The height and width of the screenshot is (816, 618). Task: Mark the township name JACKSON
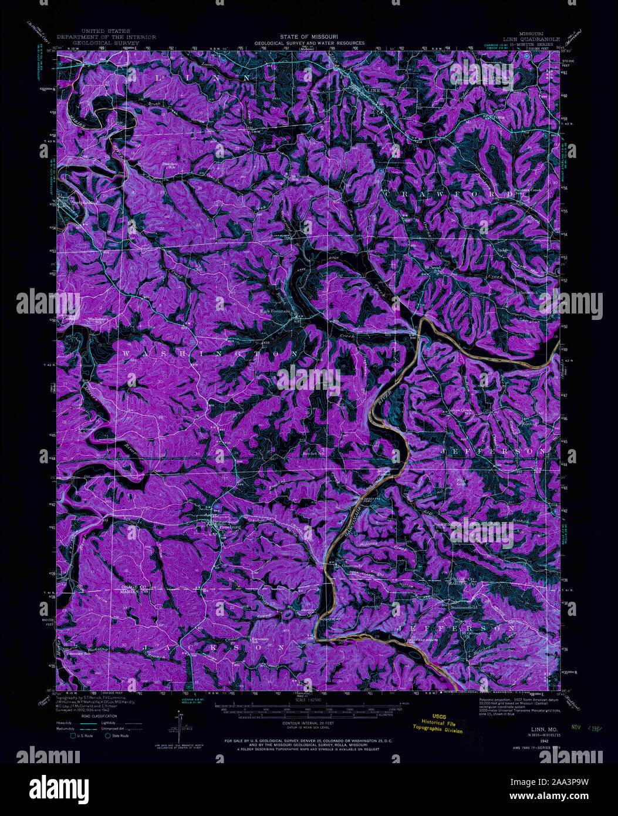[212, 648]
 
